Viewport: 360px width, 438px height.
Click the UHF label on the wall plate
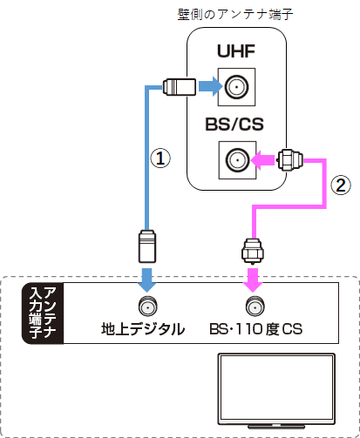(235, 54)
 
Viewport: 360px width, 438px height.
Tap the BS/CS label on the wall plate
(235, 125)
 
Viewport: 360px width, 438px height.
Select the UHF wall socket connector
(235, 87)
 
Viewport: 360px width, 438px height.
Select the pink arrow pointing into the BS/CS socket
(264, 159)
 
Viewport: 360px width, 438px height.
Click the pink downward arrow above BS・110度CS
(253, 279)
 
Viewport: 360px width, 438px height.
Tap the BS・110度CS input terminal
(253, 306)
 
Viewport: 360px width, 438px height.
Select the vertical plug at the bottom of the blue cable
(146, 246)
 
